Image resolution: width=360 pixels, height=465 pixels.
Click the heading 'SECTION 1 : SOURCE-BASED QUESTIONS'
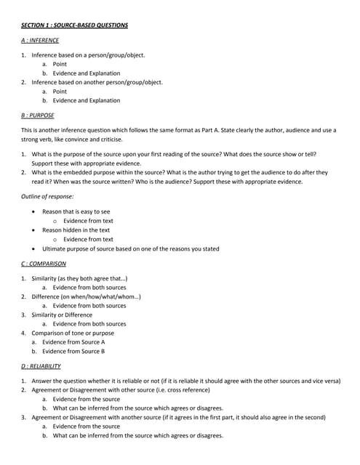74,25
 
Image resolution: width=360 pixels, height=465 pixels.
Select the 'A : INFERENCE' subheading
40,40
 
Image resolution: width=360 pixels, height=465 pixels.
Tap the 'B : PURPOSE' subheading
38,115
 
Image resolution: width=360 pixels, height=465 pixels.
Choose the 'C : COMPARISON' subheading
44,263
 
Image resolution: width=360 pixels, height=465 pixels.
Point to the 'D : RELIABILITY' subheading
41,366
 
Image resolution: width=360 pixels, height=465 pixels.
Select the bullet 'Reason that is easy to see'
76,211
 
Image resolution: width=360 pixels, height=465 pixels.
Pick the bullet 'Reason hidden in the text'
76,230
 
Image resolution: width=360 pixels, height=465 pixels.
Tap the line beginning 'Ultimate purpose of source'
131,248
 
